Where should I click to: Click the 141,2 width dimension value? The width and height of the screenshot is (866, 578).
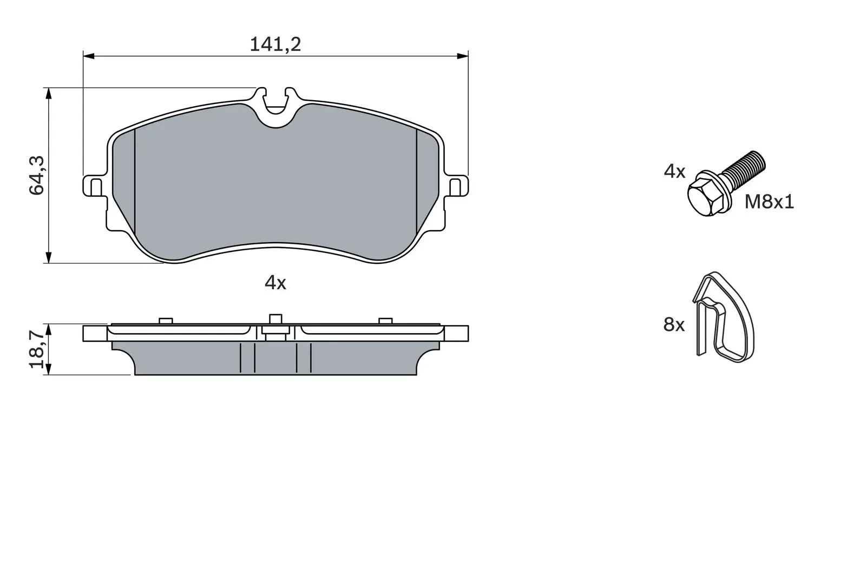point(275,44)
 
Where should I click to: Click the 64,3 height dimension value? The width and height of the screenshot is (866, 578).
point(37,175)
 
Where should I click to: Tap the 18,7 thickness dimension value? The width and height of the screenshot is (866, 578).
point(37,350)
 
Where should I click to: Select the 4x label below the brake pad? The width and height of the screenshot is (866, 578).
point(275,282)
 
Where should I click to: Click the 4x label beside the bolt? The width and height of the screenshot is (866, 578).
point(674,172)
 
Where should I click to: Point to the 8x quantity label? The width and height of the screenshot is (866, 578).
point(674,325)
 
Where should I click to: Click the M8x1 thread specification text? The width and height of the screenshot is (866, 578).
point(769,202)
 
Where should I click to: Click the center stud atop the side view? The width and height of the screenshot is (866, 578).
point(275,319)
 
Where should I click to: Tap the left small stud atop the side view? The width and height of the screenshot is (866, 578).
point(166,321)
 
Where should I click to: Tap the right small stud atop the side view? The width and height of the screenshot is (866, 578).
point(385,321)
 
